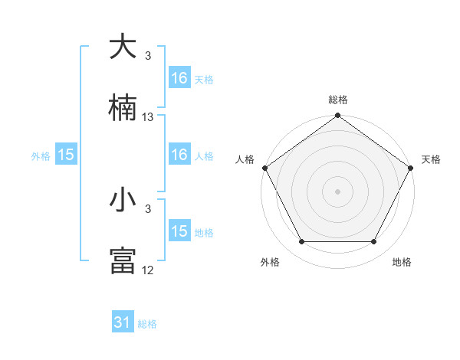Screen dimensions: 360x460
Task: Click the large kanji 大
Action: (x=123, y=47)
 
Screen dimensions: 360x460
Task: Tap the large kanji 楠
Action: (x=123, y=109)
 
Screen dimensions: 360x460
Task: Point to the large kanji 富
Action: (x=123, y=261)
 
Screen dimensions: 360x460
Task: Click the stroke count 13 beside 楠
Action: (x=148, y=117)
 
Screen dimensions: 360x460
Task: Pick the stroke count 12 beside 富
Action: (x=148, y=270)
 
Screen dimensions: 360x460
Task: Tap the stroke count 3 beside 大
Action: (x=148, y=56)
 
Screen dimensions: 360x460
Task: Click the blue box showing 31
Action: (x=123, y=322)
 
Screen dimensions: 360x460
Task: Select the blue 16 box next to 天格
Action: (x=179, y=78)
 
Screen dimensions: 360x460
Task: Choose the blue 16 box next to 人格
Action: (x=179, y=155)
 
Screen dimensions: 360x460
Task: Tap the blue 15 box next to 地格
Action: (x=179, y=231)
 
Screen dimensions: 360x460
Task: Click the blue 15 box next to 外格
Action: (x=66, y=155)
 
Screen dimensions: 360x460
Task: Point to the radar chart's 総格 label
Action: (x=338, y=100)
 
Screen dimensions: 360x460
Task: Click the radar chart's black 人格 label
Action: (x=245, y=159)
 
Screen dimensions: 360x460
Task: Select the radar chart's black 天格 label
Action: (x=431, y=159)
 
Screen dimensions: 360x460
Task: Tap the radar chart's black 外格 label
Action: (x=270, y=262)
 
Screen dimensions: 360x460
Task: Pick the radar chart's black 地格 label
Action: (x=402, y=262)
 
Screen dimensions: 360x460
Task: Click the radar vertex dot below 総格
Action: (x=338, y=116)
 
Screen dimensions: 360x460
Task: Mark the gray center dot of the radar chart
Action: (x=338, y=191)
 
